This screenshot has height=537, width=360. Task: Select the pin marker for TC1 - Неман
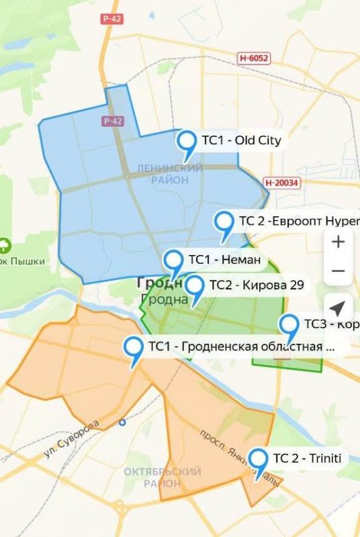click(x=174, y=261)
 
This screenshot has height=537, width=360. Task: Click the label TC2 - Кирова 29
click(x=256, y=285)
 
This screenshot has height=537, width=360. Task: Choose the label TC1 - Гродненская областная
click(x=240, y=346)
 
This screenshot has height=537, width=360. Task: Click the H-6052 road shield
click(x=254, y=58)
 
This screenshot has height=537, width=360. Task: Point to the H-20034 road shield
click(x=281, y=182)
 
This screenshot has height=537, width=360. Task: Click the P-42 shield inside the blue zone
click(x=113, y=121)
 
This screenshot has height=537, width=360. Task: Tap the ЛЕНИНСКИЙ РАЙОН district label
click(x=160, y=173)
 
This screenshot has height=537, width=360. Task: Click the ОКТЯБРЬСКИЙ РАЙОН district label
click(x=162, y=477)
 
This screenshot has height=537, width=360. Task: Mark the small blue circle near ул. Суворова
click(x=122, y=422)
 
